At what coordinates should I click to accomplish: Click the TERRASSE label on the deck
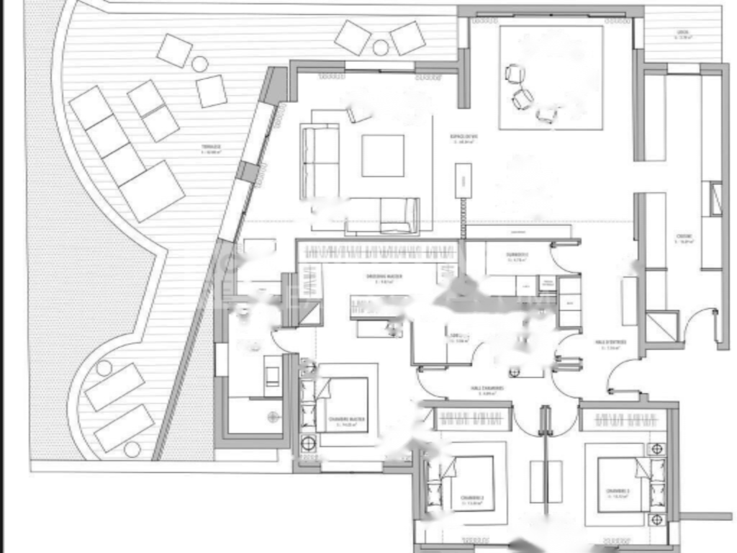tap(211, 148)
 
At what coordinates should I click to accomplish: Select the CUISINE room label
tap(684, 238)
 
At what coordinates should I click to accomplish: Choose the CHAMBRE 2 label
tap(472, 499)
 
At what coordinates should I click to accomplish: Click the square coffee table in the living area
tap(382, 156)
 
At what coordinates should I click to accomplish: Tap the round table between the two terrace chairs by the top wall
tap(380, 48)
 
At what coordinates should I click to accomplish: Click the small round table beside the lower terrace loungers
tap(104, 368)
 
